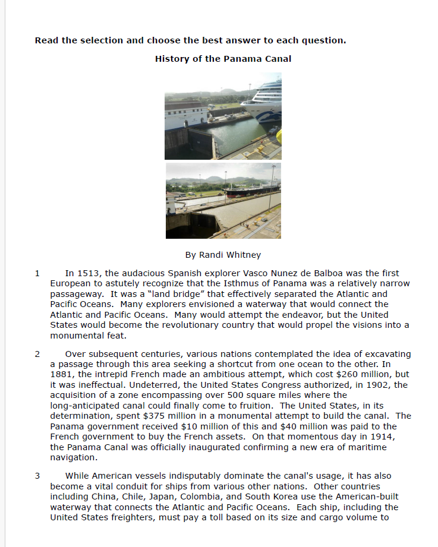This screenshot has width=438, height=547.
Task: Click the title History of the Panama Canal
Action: click(x=223, y=59)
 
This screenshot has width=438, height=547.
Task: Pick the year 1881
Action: click(x=62, y=375)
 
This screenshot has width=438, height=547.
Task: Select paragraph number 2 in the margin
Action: click(x=37, y=354)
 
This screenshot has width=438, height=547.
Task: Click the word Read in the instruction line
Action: click(x=46, y=40)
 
